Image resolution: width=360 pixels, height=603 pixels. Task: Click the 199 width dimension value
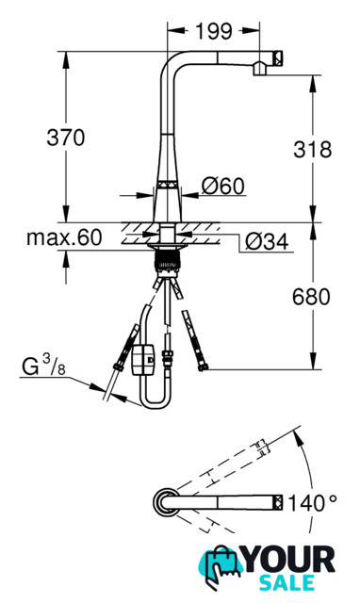(x=214, y=31)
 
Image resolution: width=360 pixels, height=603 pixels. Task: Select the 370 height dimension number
(x=65, y=138)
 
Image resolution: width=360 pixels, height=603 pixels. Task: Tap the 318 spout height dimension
(x=312, y=149)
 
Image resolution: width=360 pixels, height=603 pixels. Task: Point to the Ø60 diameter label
(x=223, y=187)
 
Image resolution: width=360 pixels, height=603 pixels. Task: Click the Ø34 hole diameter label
(x=267, y=242)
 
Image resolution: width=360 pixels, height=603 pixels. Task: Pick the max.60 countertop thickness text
(x=65, y=237)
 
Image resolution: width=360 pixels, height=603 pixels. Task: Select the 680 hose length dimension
(x=311, y=297)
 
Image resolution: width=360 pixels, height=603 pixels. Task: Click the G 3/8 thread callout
(x=43, y=366)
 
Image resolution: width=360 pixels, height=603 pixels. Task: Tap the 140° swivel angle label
(x=312, y=503)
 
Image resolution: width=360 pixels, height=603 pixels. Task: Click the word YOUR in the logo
(x=289, y=560)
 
